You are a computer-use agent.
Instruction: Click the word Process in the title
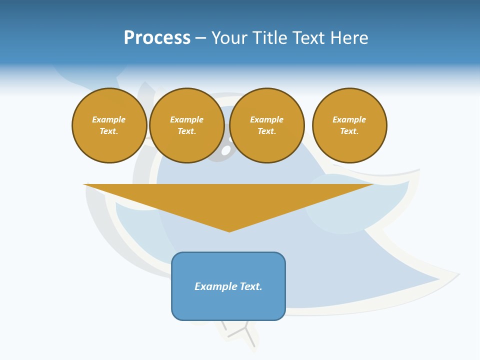pyautogui.click(x=157, y=38)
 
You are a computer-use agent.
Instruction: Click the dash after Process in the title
pyautogui.click(x=200, y=38)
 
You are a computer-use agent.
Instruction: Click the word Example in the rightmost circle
pyautogui.click(x=349, y=119)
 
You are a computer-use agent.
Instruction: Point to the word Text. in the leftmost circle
pyautogui.click(x=109, y=131)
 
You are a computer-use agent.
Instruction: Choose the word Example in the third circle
pyautogui.click(x=266, y=119)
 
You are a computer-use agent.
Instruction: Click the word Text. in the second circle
pyautogui.click(x=186, y=131)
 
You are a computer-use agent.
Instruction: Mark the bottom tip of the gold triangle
pyautogui.click(x=229, y=231)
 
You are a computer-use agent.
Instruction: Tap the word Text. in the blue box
pyautogui.click(x=251, y=286)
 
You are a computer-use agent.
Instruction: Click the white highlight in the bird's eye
pyautogui.click(x=226, y=149)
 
